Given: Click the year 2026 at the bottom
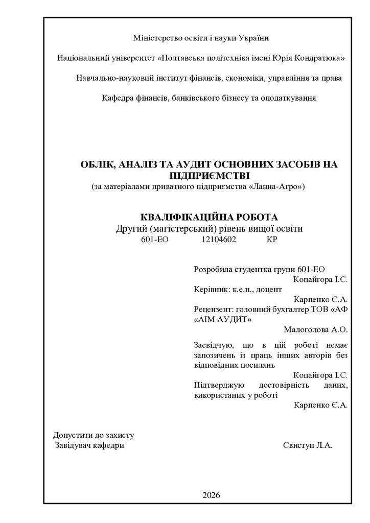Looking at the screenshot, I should click(211, 495).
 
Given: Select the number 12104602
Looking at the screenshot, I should click(219, 239).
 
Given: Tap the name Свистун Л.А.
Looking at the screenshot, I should click(308, 445).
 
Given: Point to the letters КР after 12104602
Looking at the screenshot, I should click(271, 239).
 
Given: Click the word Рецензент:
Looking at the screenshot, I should click(213, 309).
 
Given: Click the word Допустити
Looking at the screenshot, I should click(71, 435).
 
